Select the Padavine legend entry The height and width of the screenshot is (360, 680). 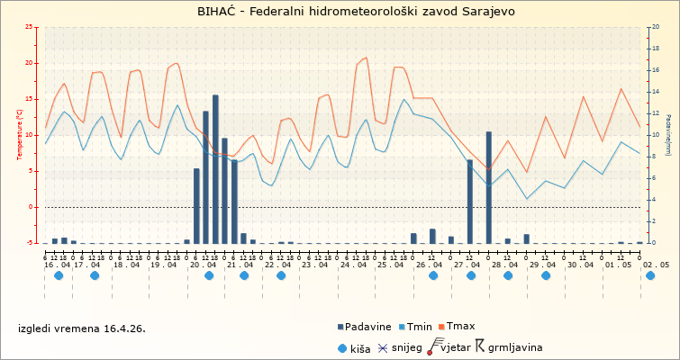coord(368,327)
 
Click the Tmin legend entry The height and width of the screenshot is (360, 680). coord(420,327)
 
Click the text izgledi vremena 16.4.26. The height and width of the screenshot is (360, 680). coord(82,328)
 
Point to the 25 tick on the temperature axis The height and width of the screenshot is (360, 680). coord(31,27)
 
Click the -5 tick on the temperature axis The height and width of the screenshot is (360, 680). coord(32,243)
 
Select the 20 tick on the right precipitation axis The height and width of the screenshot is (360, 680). coord(656,27)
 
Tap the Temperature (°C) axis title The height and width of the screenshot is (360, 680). coord(20,135)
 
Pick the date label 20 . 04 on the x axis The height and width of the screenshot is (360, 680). coord(201,265)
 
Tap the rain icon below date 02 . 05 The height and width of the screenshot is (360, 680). coord(650,275)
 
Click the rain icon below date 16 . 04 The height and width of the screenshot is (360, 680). coord(59,275)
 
